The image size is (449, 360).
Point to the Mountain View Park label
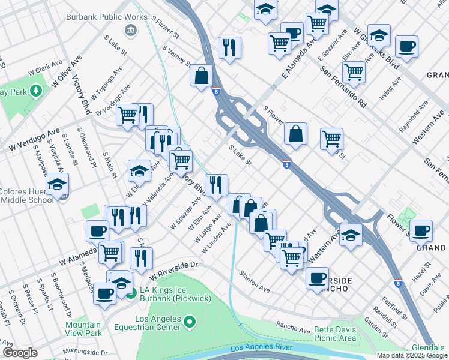83,329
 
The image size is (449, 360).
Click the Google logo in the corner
20,353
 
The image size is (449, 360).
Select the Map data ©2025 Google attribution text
411,355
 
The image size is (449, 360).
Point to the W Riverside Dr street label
173,270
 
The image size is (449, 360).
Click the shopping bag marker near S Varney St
202,76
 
